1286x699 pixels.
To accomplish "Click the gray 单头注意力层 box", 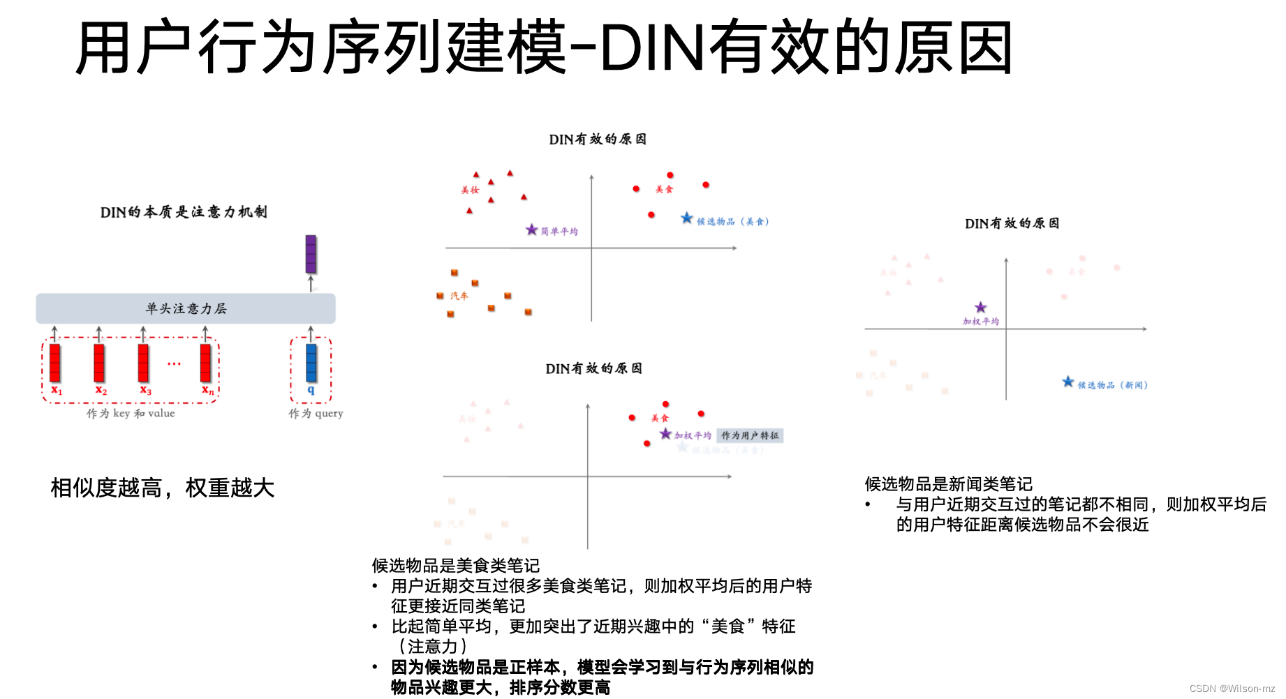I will pos(186,308).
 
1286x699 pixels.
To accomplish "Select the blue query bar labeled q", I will pos(311,362).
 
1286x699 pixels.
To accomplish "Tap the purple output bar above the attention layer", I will pos(311,254).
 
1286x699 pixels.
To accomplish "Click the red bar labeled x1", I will pos(55,362).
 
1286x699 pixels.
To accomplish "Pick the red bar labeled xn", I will pos(205,362).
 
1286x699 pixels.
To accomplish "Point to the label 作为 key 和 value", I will pos(131,414).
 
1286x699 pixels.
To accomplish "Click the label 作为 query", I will pos(316,414).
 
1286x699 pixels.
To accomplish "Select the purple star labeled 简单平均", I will pos(532,230).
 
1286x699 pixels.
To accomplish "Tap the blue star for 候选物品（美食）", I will pos(687,218).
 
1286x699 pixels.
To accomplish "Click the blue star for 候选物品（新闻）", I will pos(1068,382).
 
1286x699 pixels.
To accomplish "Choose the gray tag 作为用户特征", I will pos(750,436).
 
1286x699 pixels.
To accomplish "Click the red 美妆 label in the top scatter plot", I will pos(470,190).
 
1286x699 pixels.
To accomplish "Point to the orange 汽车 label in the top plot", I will pos(459,296).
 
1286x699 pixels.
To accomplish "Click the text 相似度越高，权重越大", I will pos(163,488).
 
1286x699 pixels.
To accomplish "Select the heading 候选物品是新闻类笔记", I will pos(948,484).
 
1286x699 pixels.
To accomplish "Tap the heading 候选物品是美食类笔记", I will pos(455,566).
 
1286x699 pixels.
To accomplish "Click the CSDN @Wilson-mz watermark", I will pos(1232,689).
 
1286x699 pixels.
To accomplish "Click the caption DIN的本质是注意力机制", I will pos(184,212).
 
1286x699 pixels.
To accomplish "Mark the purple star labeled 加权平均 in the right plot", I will pos(981,308).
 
